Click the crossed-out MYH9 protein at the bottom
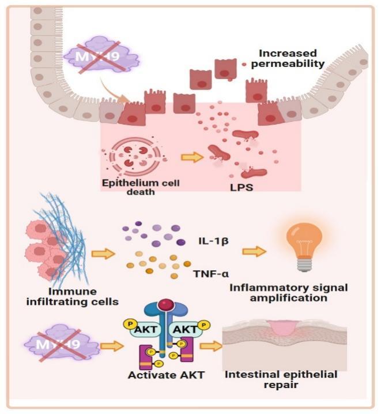point(63,347)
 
